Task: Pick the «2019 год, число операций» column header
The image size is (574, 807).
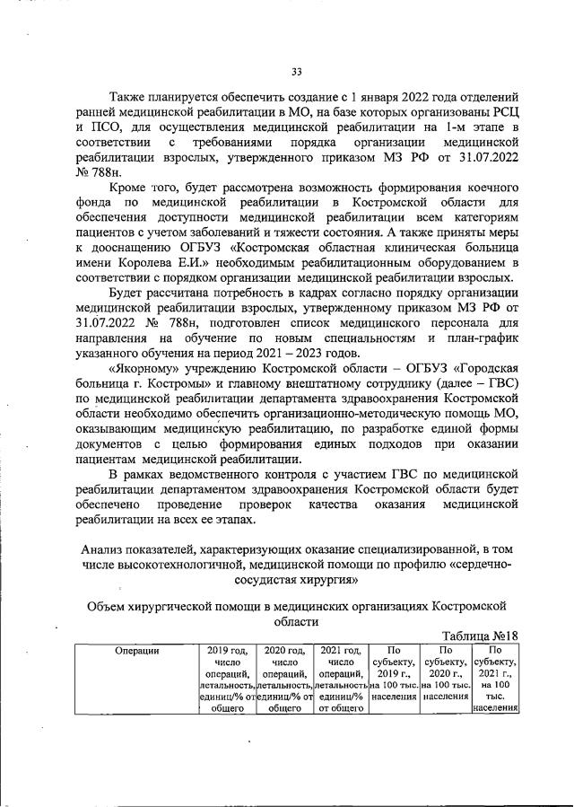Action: (x=227, y=679)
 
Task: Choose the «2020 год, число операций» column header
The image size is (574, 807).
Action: (x=283, y=679)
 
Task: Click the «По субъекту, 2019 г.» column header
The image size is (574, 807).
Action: (x=394, y=672)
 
